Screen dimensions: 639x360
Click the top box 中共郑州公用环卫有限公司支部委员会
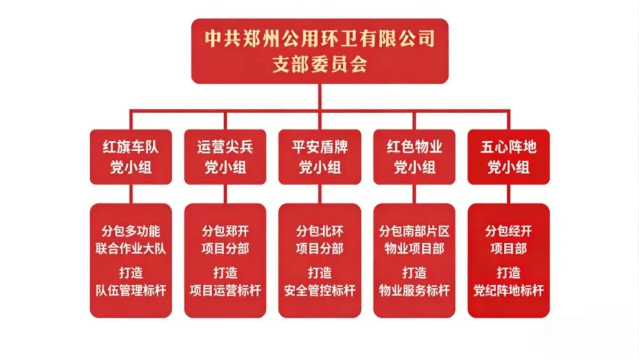tap(319, 51)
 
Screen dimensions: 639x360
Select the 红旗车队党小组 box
tap(131, 157)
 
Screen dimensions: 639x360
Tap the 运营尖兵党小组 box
tap(225, 157)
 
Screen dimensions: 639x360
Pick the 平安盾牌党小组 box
tap(319, 157)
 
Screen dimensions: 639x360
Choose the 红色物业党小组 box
tap(414, 157)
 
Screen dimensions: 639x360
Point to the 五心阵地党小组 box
tap(508, 157)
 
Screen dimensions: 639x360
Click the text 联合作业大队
tap(131, 248)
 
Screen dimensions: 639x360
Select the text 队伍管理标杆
tap(131, 291)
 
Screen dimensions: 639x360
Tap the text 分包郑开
tap(225, 231)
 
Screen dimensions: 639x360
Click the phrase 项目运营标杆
tap(225, 291)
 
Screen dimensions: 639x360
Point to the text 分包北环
tap(319, 231)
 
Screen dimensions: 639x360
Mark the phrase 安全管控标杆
tap(319, 291)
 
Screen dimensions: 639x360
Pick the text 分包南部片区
tap(414, 231)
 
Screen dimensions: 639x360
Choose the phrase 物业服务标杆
tap(414, 291)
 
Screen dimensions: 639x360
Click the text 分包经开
tap(508, 231)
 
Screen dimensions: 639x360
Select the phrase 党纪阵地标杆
tap(508, 291)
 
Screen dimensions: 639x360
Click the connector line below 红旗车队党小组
tap(131, 194)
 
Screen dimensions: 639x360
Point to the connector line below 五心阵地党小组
tap(508, 194)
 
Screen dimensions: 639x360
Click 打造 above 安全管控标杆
tap(319, 273)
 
